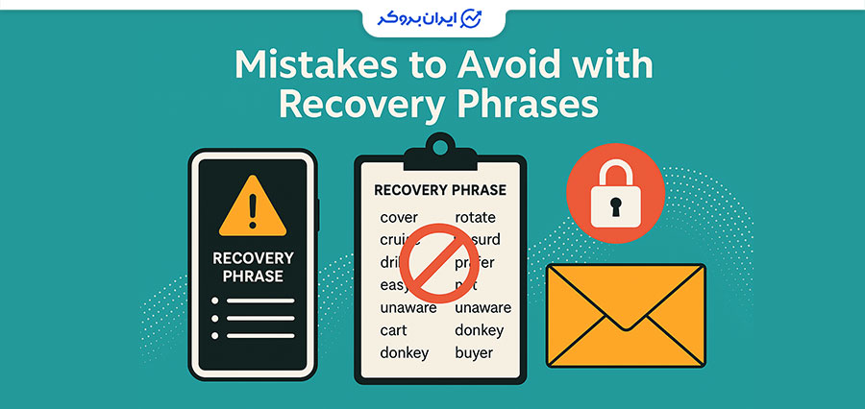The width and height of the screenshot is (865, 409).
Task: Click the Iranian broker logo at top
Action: point(432,18)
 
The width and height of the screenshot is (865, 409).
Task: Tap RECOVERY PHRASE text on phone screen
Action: point(254,267)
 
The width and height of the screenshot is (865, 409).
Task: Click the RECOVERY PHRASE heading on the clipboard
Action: point(439,190)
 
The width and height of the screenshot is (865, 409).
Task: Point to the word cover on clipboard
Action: point(399,217)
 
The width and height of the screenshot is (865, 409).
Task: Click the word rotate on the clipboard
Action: point(476,217)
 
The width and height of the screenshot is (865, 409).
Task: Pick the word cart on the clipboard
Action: point(395,330)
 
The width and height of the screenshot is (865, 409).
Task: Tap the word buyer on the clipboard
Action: point(474,352)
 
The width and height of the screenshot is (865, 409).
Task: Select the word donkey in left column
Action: point(405,352)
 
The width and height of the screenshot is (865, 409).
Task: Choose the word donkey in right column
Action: point(480,330)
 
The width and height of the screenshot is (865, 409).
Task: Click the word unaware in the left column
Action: point(408,307)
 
